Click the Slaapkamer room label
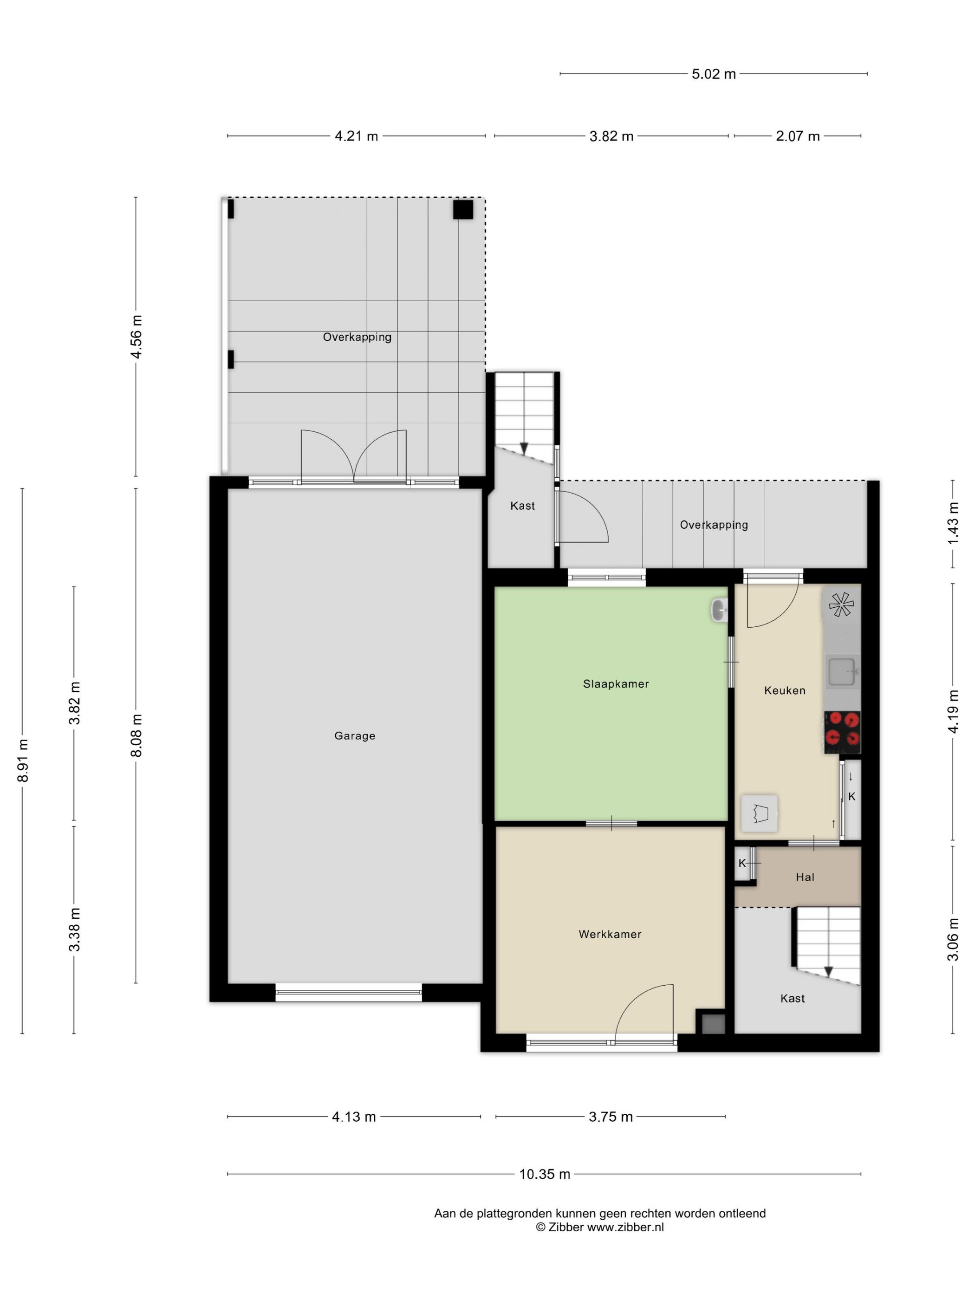[615, 683]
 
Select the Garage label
[354, 736]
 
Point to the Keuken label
[785, 690]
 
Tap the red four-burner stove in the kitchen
[842, 732]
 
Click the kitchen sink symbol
[842, 672]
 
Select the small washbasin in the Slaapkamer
[719, 611]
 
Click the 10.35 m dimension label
[545, 1174]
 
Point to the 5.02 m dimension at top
[714, 74]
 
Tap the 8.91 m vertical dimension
[23, 760]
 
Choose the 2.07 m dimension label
[798, 136]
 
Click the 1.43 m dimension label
[953, 523]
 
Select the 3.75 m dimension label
[611, 1117]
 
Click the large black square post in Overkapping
[463, 210]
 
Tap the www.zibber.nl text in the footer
[625, 1227]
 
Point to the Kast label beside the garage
[522, 506]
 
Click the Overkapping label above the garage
[357, 338]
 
